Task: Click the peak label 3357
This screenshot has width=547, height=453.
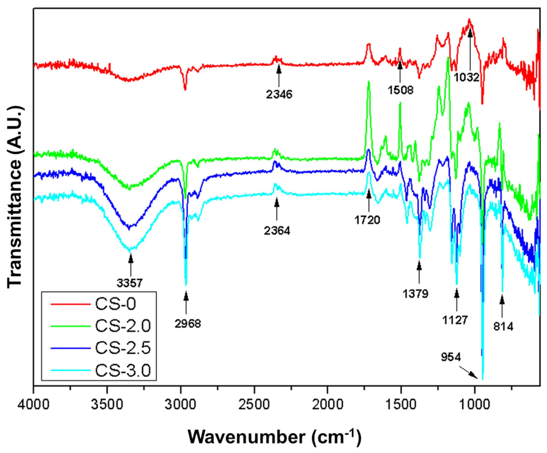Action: coord(130,283)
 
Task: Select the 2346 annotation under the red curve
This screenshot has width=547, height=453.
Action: coord(279,94)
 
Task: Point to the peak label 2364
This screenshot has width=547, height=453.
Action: coord(277,231)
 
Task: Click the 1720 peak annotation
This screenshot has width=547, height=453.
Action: coord(367,220)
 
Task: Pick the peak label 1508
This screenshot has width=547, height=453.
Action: coord(401,90)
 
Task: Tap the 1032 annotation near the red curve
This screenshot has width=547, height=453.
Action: coord(467,77)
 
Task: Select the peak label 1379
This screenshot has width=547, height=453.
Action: coord(416,294)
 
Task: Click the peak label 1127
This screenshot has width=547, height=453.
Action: coord(455,320)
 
